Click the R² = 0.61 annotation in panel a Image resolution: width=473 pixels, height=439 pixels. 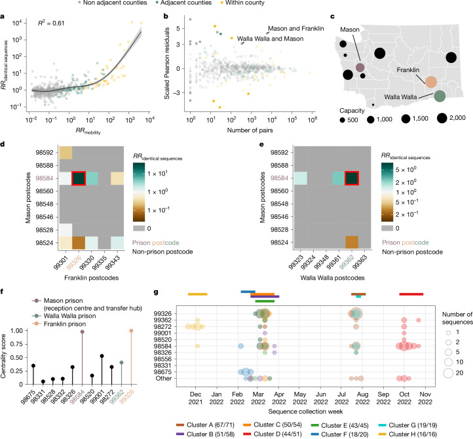pos(51,23)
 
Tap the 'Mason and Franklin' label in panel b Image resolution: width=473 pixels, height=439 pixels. pos(296,28)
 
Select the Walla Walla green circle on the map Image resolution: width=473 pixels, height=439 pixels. pos(440,96)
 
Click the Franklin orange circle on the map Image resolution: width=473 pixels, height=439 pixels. pos(431,82)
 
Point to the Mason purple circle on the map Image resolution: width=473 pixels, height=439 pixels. pos(360,67)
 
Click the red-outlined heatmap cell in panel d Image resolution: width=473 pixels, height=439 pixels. pos(79,178)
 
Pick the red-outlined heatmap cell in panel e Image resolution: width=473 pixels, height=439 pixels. pos(352,178)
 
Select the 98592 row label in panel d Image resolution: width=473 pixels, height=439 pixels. pos(45,153)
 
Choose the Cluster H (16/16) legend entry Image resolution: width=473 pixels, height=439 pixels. pos(407,434)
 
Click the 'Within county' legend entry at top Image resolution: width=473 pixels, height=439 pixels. pos(243,3)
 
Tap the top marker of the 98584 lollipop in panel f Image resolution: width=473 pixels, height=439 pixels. pos(83,332)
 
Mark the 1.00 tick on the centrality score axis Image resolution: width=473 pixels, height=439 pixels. pos(16,331)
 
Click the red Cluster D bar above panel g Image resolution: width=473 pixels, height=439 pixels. pos(411,294)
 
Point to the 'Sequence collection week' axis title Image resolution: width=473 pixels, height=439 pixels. pos(305,411)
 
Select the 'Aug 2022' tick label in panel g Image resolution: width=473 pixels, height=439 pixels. pos(362,398)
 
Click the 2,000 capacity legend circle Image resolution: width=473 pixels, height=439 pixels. pos(442,118)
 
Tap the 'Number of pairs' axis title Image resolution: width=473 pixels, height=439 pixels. pos(250,130)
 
